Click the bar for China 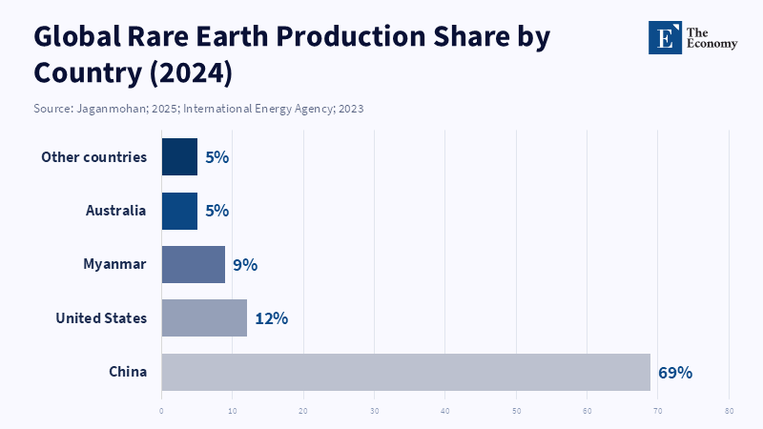point(405,372)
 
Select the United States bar point(204,317)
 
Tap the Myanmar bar point(193,264)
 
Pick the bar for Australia point(179,211)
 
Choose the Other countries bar point(179,157)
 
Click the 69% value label point(675,372)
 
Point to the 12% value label point(271,318)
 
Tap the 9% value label point(245,265)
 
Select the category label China point(128,372)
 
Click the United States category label point(101,318)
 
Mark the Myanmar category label point(114,264)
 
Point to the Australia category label point(115,211)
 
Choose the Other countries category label point(94,157)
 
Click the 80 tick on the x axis point(729,411)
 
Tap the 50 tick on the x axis point(516,411)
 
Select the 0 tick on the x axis point(161,411)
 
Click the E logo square point(665,37)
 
